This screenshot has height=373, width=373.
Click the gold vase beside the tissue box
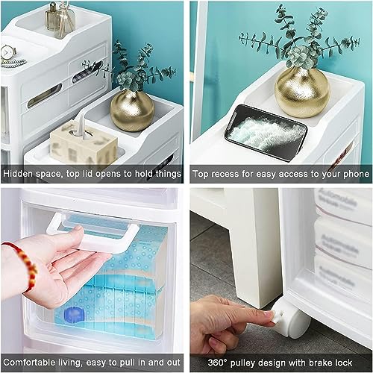coord(132,110)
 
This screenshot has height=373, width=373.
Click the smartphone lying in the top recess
coord(266,133)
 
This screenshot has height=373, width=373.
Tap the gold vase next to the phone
coord(302,92)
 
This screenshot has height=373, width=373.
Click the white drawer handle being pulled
coord(93,232)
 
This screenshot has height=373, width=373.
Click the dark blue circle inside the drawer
coord(74,314)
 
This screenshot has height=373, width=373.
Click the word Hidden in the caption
coord(18,173)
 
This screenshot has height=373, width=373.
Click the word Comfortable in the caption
coord(29,362)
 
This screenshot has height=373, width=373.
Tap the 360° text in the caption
coord(217,363)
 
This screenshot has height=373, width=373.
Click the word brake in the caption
coord(320,363)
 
